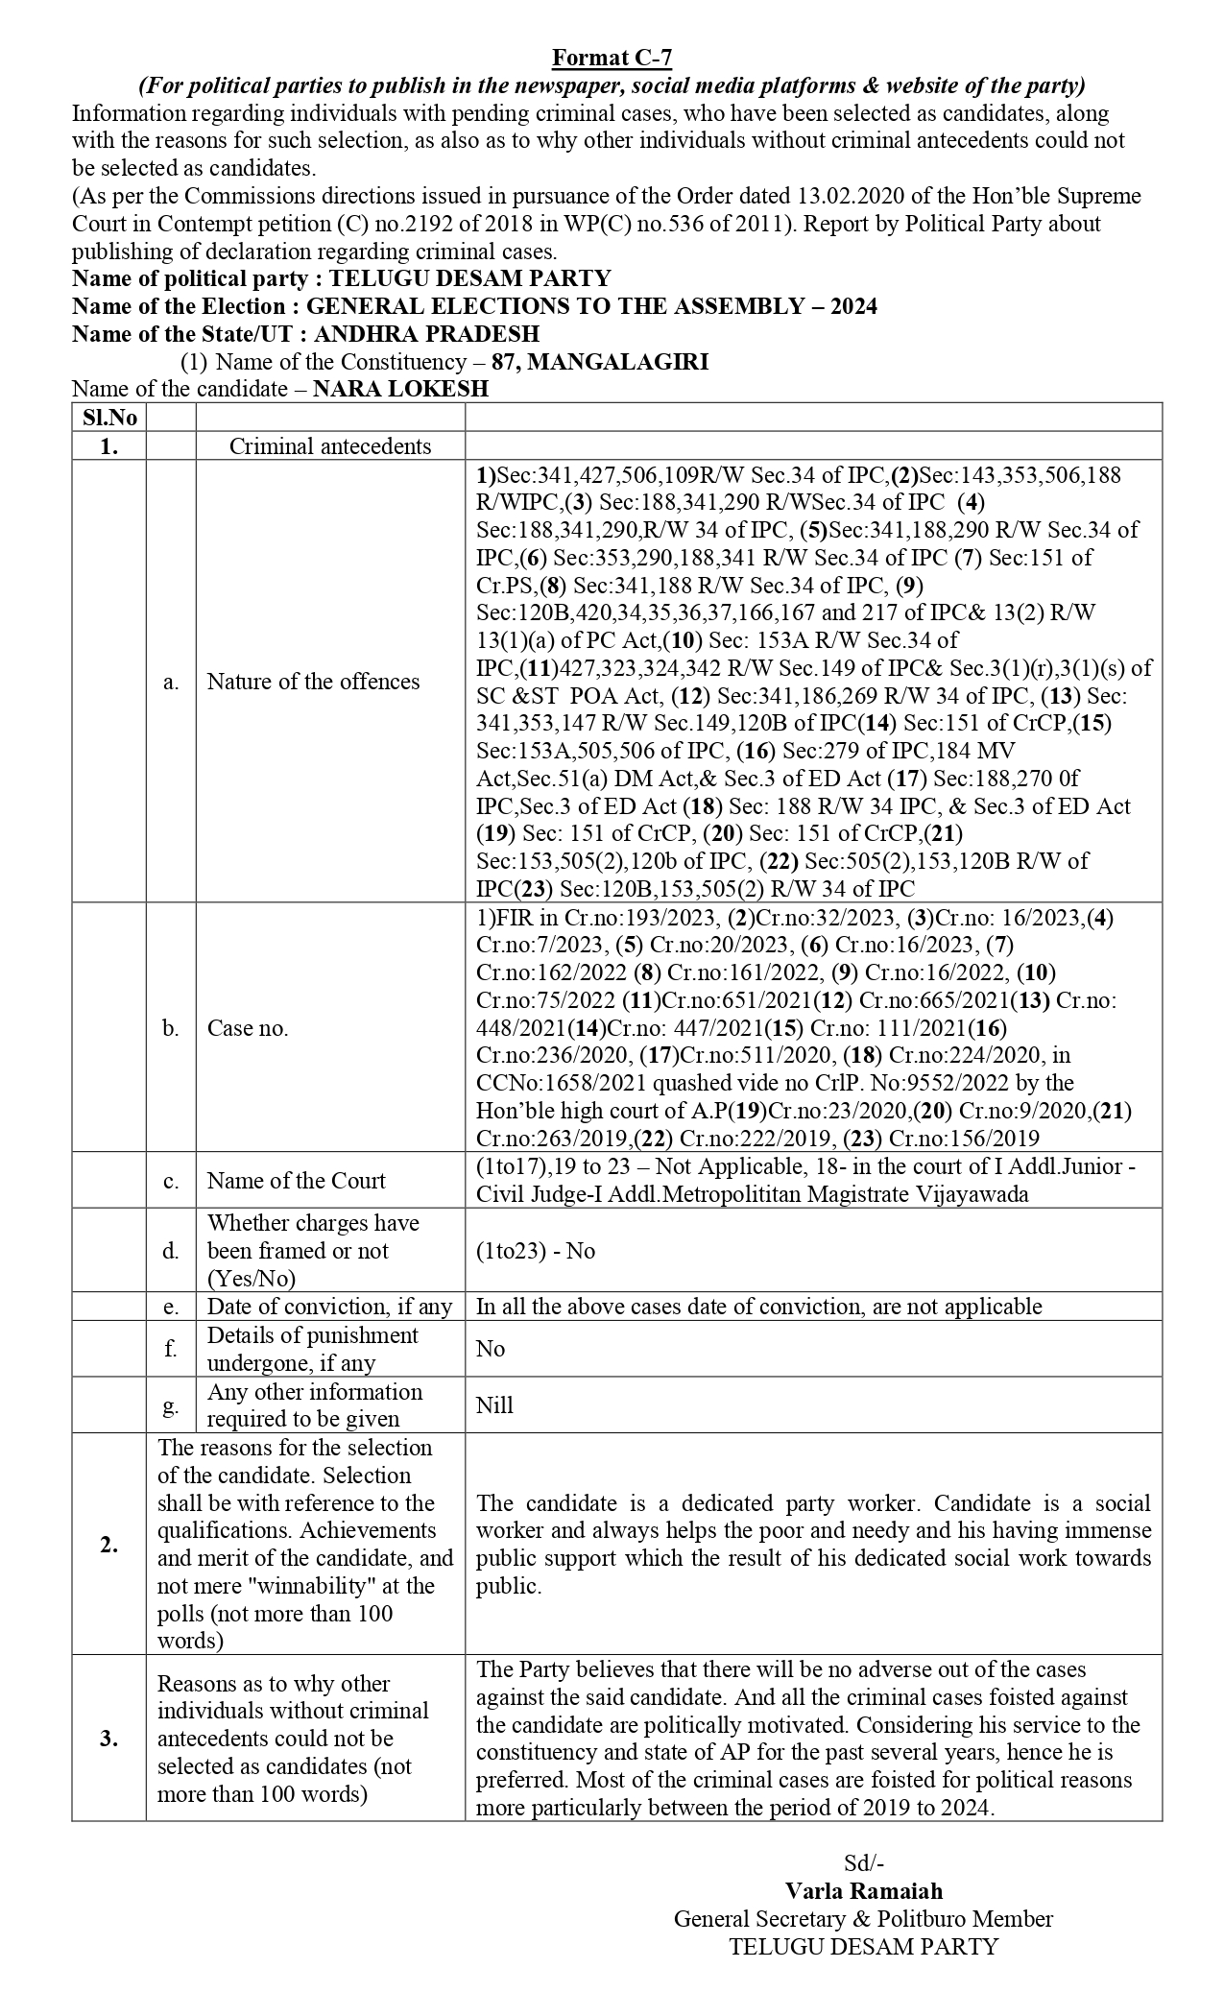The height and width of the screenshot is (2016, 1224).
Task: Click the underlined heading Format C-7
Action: point(612,60)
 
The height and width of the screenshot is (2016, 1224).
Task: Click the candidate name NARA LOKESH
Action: point(400,389)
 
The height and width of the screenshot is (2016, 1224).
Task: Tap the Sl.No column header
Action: point(108,418)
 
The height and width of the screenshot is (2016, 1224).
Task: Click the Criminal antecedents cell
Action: point(330,446)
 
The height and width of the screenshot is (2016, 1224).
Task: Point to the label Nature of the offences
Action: point(313,682)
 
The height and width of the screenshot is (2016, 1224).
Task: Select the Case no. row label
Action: point(248,1028)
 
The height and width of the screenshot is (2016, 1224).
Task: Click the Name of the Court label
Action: point(296,1181)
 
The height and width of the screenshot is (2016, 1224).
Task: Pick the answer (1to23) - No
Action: point(535,1251)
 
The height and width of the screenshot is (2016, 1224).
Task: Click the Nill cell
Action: point(494,1405)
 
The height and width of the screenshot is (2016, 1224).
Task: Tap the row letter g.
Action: point(171,1405)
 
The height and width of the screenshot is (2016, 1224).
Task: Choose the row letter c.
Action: point(171,1181)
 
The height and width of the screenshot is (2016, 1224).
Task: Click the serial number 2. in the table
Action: point(108,1545)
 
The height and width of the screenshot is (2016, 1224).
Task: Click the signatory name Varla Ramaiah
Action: point(863,1890)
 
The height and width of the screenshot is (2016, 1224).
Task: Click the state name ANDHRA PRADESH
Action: point(426,334)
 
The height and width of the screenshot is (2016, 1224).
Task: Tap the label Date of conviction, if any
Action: point(329,1307)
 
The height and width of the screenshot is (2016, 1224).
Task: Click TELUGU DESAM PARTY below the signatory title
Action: point(863,1946)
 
